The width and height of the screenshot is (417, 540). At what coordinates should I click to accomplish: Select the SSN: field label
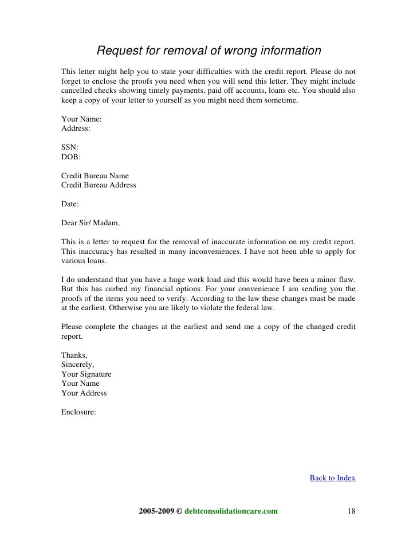70,147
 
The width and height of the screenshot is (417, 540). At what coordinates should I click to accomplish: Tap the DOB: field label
71,156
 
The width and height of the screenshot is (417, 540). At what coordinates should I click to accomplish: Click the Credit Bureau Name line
95,175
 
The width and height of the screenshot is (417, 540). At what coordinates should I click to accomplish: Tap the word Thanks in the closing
73,355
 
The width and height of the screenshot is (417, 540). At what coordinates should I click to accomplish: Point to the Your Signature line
86,374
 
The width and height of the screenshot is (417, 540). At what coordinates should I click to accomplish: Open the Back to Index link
332,477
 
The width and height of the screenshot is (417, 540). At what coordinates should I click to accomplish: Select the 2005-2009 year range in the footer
156,510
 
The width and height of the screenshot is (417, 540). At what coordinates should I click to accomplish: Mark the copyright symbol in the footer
178,510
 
